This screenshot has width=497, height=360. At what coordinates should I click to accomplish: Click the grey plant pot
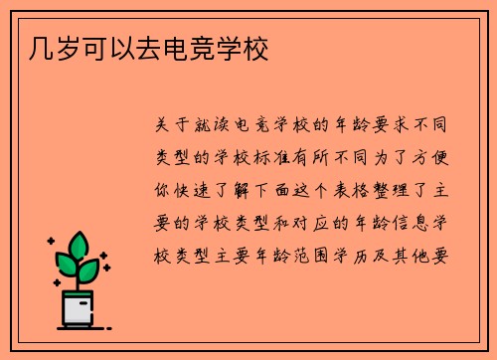coord(79,308)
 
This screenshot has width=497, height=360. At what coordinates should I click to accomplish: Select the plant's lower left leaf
coord(66,266)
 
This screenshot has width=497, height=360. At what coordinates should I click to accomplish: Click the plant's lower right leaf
coord(92,270)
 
